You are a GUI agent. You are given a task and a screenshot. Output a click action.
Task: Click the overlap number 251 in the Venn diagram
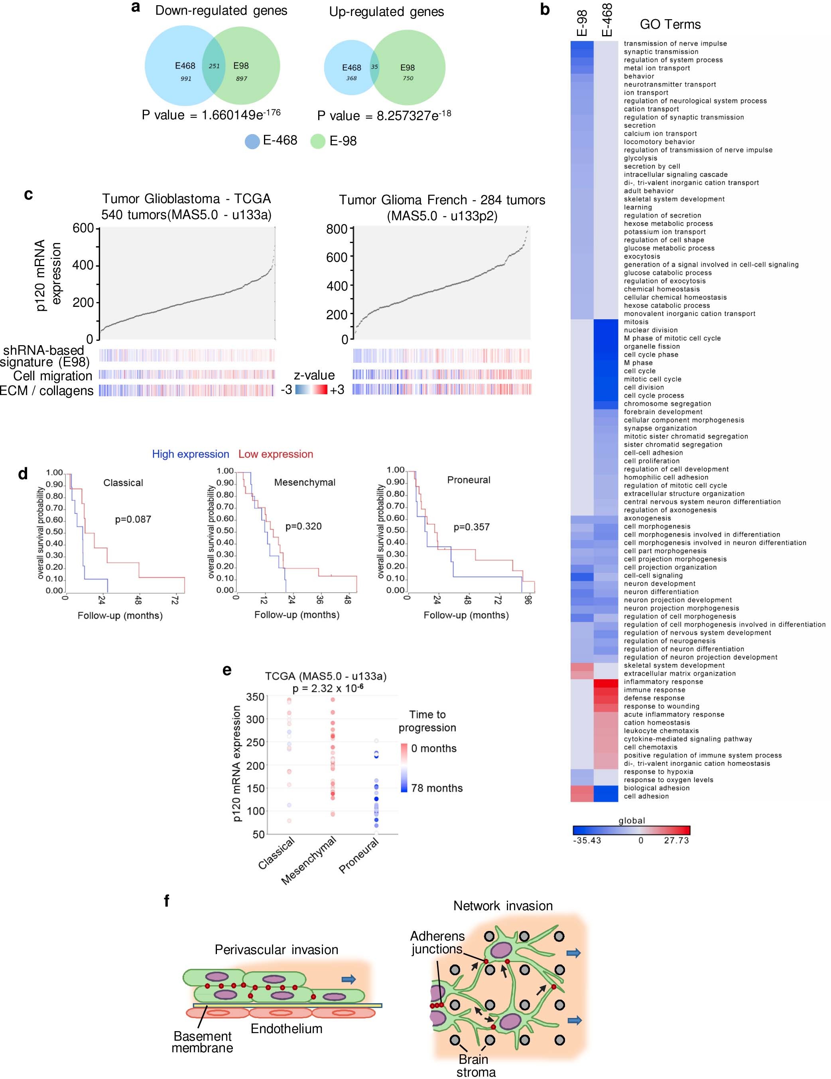pos(214,66)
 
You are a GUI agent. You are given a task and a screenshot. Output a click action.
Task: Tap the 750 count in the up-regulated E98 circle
pos(408,78)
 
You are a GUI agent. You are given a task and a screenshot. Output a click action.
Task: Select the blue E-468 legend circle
pos(252,141)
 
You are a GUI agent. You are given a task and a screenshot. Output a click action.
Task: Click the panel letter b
pos(545,10)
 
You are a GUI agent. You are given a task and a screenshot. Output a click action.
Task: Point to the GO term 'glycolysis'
pos(640,158)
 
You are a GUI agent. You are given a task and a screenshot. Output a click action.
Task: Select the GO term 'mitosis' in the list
pos(636,322)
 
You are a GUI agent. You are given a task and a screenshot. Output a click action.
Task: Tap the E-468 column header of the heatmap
pos(607,20)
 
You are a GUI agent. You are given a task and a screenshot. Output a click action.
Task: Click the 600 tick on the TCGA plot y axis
pos(83,228)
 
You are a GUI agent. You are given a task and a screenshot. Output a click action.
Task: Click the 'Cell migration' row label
pos(53,376)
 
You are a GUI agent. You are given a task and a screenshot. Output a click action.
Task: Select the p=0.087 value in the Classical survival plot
pos(133,519)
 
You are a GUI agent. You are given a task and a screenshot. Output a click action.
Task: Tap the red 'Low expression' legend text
pos(276,454)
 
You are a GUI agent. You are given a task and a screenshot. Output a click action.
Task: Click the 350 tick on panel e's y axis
pos(255,697)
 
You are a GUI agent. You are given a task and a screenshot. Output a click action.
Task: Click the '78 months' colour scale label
pos(437,788)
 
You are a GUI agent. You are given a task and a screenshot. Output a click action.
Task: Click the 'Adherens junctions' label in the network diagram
pos(437,943)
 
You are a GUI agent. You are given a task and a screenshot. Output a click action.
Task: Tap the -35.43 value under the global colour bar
pos(587,840)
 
